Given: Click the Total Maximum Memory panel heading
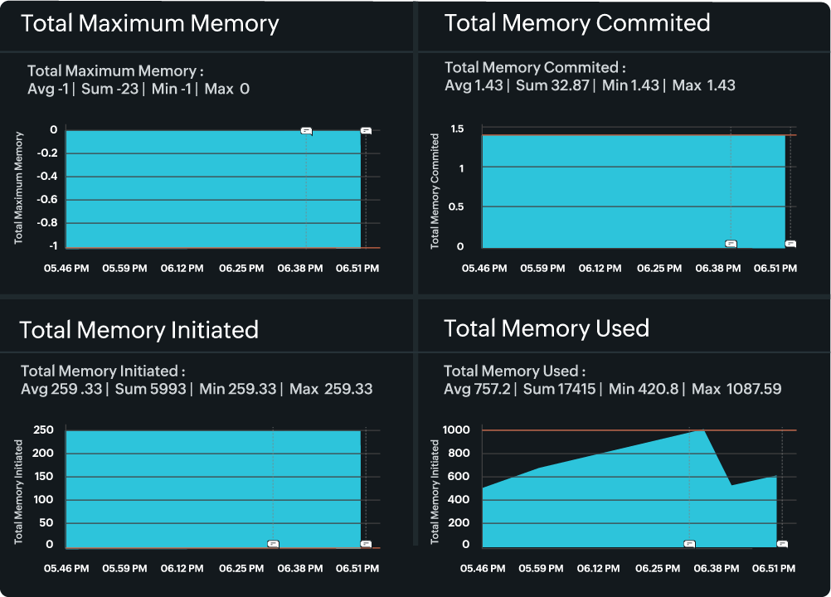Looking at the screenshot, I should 149,23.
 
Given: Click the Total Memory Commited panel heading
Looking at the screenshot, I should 577,23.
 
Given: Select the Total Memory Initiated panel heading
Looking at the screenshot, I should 138,330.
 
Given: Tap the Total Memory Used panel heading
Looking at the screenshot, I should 547,328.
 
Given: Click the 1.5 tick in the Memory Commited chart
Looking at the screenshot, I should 457,129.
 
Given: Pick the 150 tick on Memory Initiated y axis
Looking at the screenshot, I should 44,477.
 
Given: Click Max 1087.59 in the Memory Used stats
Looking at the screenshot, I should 736,389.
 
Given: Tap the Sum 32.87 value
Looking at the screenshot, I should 552,85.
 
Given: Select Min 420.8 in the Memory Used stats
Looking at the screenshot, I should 642,389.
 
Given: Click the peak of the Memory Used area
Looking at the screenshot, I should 702,430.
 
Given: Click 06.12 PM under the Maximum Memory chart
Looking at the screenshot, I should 182,269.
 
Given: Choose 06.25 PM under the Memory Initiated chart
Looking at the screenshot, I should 241,569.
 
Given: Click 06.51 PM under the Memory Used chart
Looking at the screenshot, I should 774,569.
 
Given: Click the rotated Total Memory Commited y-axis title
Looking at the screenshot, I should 435,192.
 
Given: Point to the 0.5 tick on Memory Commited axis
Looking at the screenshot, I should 457,206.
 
